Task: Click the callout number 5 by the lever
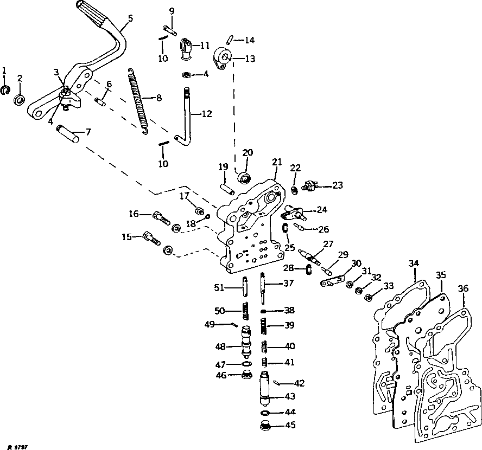coord(130,18)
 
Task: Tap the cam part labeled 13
coord(223,58)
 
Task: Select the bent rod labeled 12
coord(186,117)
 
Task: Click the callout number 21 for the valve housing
coord(277,162)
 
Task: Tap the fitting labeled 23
coord(310,185)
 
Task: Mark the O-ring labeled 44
coord(265,413)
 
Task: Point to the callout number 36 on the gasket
coord(462,288)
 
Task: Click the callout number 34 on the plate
coord(414,264)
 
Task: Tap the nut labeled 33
coord(368,297)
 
